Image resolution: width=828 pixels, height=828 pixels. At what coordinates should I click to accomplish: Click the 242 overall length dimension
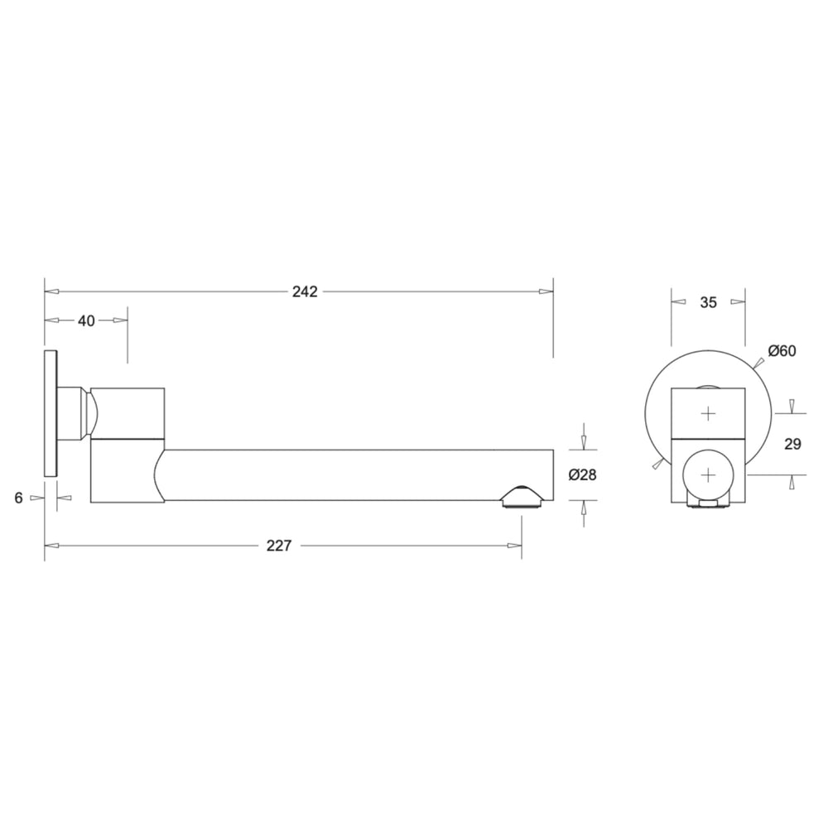coord(305,291)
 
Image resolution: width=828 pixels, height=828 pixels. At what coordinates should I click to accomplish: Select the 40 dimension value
coord(86,320)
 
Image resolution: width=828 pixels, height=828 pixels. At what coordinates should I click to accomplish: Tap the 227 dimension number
coord(278,546)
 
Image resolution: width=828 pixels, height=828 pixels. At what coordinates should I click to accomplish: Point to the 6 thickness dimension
coord(19,498)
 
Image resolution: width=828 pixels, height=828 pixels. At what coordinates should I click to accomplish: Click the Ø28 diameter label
coord(582,475)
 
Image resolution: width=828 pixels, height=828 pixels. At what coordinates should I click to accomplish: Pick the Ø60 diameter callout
coord(782,350)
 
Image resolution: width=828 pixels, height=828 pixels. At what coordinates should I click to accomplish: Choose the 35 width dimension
coord(708,302)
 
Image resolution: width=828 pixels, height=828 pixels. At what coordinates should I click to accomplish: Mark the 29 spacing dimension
coord(792,444)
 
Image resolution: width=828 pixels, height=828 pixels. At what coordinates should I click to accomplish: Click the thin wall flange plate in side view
coord(51,413)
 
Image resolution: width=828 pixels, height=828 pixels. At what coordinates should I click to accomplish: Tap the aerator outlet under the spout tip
coord(521,498)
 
